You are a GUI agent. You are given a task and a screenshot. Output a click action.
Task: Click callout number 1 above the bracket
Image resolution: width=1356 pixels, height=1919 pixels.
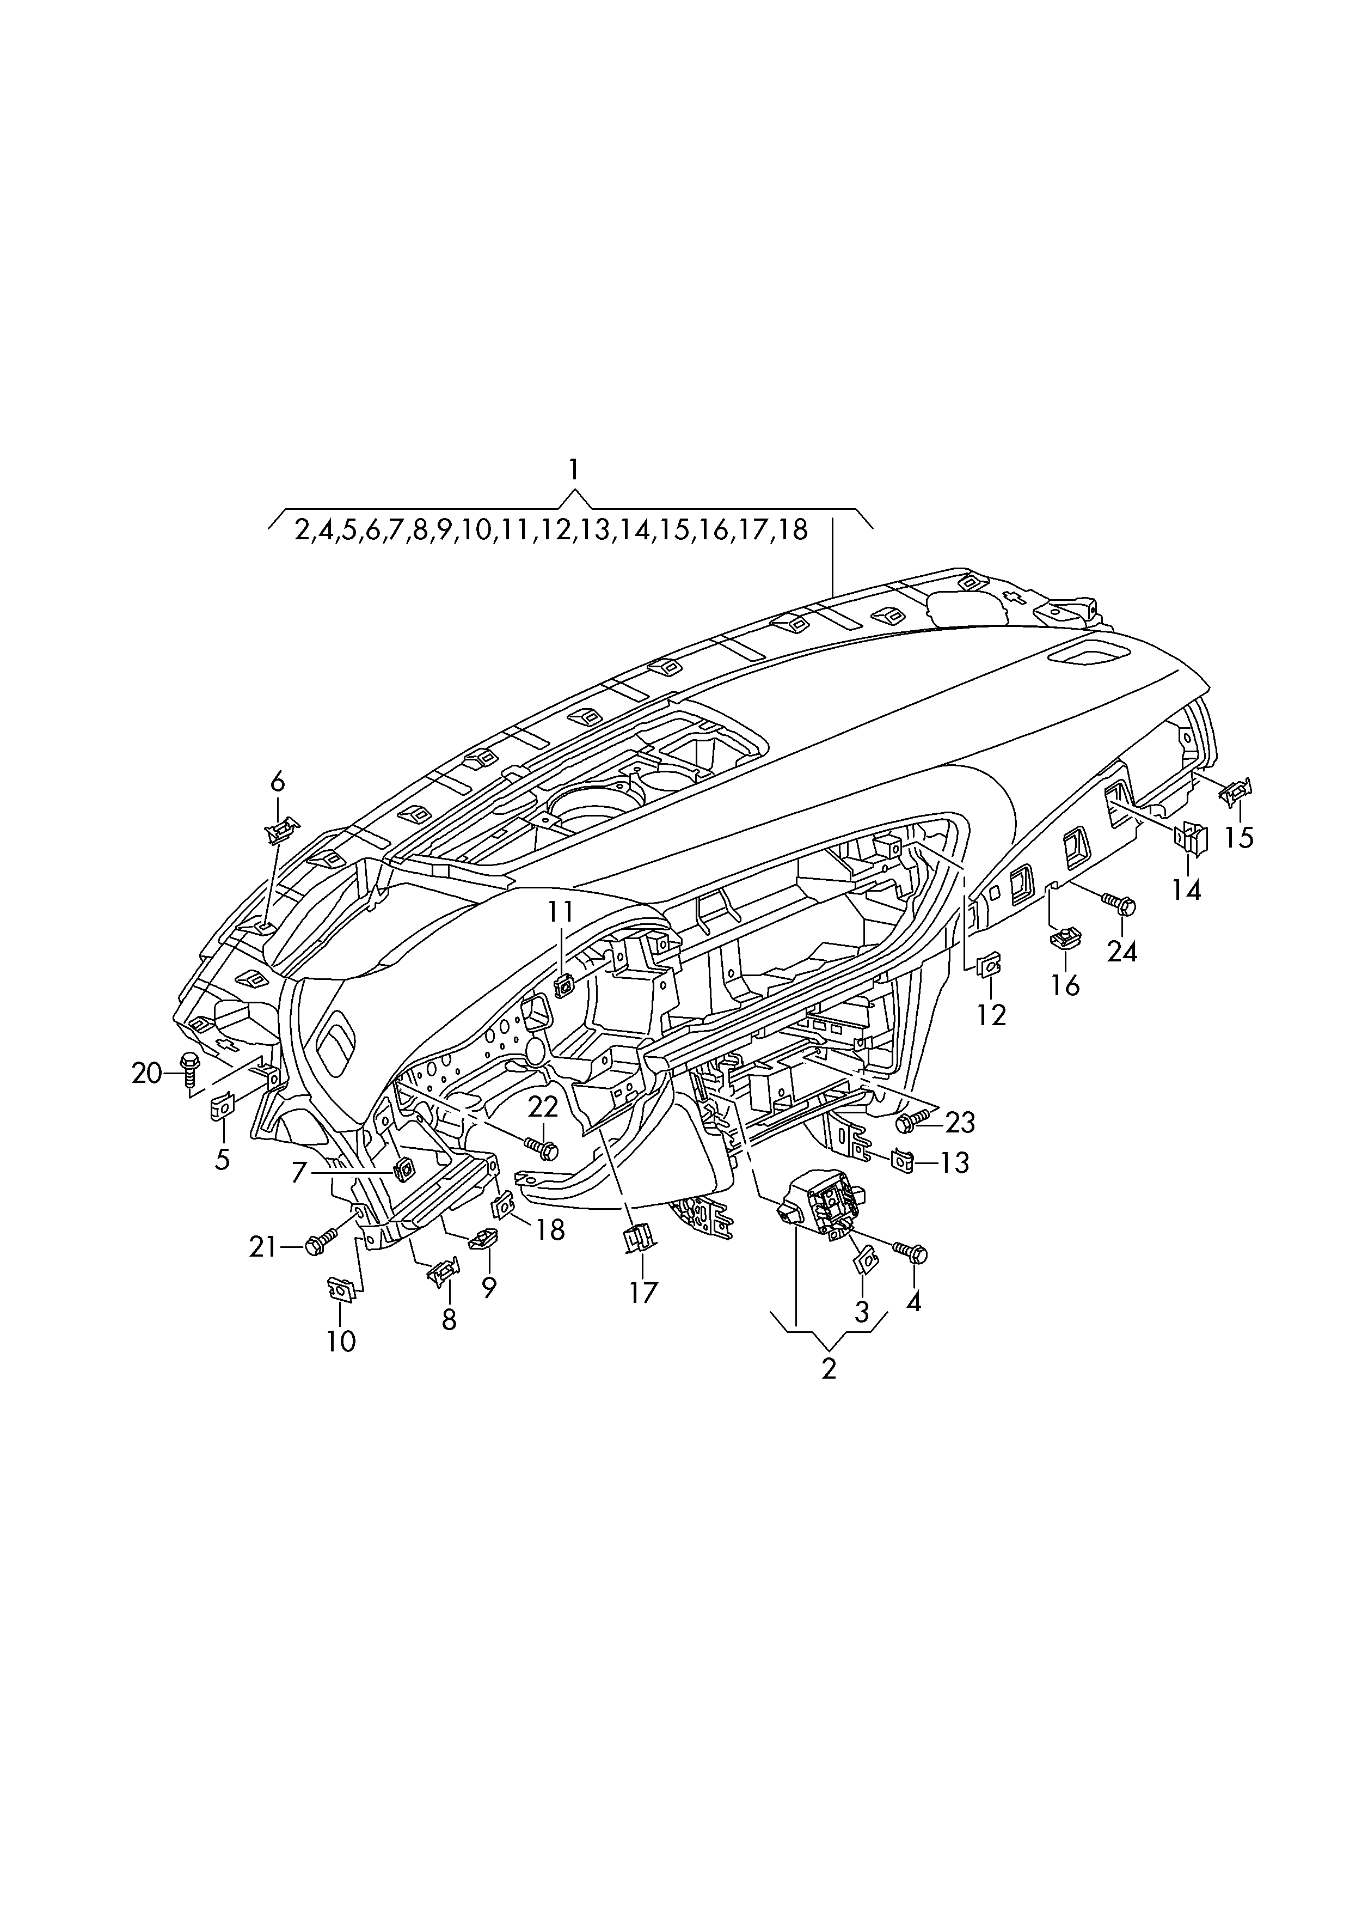(x=573, y=470)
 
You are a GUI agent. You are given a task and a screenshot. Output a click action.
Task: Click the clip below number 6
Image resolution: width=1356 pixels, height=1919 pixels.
(x=281, y=830)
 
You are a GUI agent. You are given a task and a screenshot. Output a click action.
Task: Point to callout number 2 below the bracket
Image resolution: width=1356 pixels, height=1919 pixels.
(x=829, y=1368)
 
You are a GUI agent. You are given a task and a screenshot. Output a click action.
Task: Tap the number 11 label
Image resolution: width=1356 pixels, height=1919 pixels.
(x=561, y=911)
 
